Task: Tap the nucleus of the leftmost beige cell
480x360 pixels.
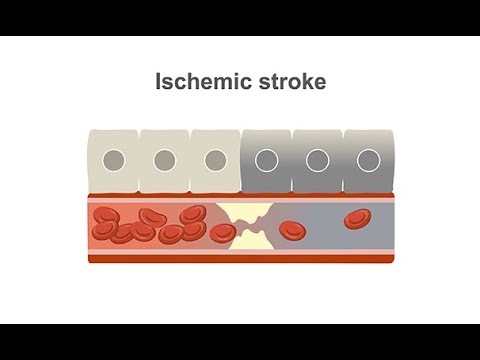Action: (x=114, y=159)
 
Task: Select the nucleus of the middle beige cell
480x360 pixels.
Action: (x=165, y=159)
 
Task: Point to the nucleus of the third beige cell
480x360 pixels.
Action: (x=216, y=159)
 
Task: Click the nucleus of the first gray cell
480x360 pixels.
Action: (x=267, y=159)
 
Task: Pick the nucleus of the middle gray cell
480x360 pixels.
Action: (x=318, y=159)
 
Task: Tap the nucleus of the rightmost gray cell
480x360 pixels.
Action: (x=369, y=159)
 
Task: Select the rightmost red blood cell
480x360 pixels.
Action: (x=356, y=219)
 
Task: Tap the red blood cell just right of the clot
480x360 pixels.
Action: (x=291, y=231)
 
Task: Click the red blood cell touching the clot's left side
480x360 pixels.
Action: (x=223, y=233)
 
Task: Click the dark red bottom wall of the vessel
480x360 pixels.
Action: (x=240, y=258)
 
